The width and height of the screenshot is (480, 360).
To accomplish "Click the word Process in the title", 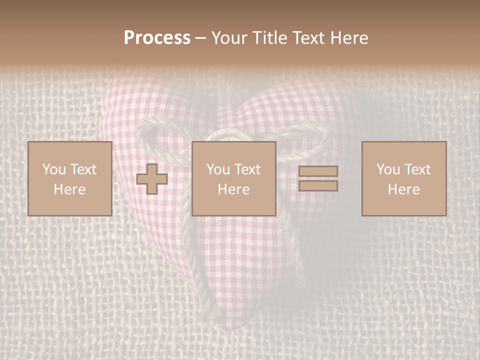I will click(157, 38).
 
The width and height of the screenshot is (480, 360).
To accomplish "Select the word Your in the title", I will click(228, 38).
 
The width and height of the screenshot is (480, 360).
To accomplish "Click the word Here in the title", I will click(349, 38).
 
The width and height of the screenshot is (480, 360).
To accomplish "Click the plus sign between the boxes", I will click(152, 179).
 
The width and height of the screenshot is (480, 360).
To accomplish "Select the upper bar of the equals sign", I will click(318, 171).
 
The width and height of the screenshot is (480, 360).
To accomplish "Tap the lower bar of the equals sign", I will click(318, 186).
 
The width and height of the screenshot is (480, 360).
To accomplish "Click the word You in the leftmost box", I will click(53, 169).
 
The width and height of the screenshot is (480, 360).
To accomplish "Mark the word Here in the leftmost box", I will click(69, 189).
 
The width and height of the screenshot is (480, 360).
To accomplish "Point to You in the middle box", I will click(217, 169).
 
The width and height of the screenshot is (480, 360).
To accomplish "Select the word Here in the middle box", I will click(233, 189).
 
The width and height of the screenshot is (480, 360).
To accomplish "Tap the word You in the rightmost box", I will click(387, 169).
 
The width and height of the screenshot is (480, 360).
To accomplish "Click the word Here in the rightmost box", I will click(403, 189).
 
